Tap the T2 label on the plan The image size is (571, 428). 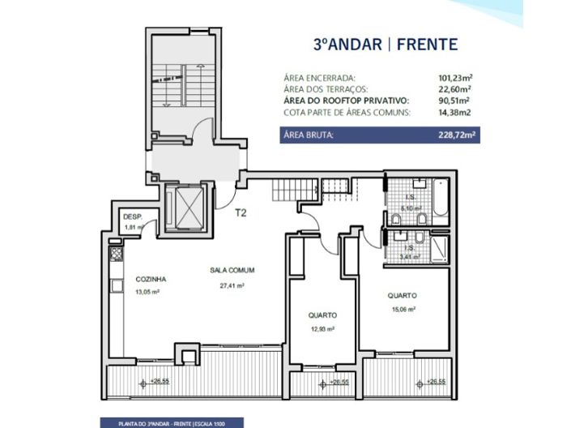coord(241,214)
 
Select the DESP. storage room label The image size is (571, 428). coord(132,217)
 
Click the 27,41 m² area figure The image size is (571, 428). coord(232,286)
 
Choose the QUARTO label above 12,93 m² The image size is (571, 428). coord(322,315)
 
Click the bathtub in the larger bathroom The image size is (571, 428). coord(439,199)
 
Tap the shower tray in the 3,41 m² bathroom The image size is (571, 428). coord(438,246)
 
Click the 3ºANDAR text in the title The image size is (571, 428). coord(344,43)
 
